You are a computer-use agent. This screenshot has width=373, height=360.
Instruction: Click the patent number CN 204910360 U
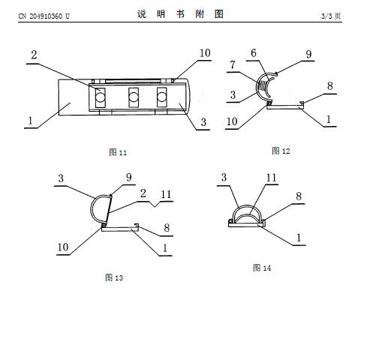pyautogui.click(x=44, y=16)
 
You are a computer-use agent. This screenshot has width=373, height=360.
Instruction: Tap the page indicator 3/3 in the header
pyautogui.click(x=326, y=16)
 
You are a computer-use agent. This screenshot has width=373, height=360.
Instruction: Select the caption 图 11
pyautogui.click(x=118, y=152)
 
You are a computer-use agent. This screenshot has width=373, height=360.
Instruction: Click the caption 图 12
pyautogui.click(x=281, y=151)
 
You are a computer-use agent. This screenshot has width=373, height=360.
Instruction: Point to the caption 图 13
pyautogui.click(x=114, y=277)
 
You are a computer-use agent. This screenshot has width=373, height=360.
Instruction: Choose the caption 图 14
pyautogui.click(x=262, y=268)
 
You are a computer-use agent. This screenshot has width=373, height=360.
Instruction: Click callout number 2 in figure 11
pyautogui.click(x=34, y=55)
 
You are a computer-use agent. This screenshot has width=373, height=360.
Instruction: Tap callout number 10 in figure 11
pyautogui.click(x=205, y=53)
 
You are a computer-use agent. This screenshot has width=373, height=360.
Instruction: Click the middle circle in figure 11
pyautogui.click(x=134, y=97)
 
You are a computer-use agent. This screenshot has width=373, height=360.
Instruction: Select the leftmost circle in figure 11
pyautogui.click(x=101, y=97)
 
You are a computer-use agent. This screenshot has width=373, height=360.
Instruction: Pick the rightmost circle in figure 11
pyautogui.click(x=161, y=97)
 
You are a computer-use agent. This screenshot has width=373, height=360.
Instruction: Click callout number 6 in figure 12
pyautogui.click(x=254, y=53)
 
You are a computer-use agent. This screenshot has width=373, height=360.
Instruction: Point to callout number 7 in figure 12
pyautogui.click(x=233, y=64)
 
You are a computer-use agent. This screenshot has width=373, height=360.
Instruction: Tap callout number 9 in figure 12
pyautogui.click(x=309, y=54)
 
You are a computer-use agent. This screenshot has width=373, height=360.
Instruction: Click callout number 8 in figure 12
pyautogui.click(x=330, y=86)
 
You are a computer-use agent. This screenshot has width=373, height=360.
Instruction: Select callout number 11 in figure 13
pyautogui.click(x=166, y=194)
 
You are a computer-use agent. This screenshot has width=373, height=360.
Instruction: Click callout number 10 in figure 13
pyautogui.click(x=63, y=247)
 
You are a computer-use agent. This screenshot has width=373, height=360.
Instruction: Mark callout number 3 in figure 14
pyautogui.click(x=224, y=178)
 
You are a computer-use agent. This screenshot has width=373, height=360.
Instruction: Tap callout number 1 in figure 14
pyautogui.click(x=299, y=238)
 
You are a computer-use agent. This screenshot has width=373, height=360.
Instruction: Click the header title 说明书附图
pyautogui.click(x=180, y=14)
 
